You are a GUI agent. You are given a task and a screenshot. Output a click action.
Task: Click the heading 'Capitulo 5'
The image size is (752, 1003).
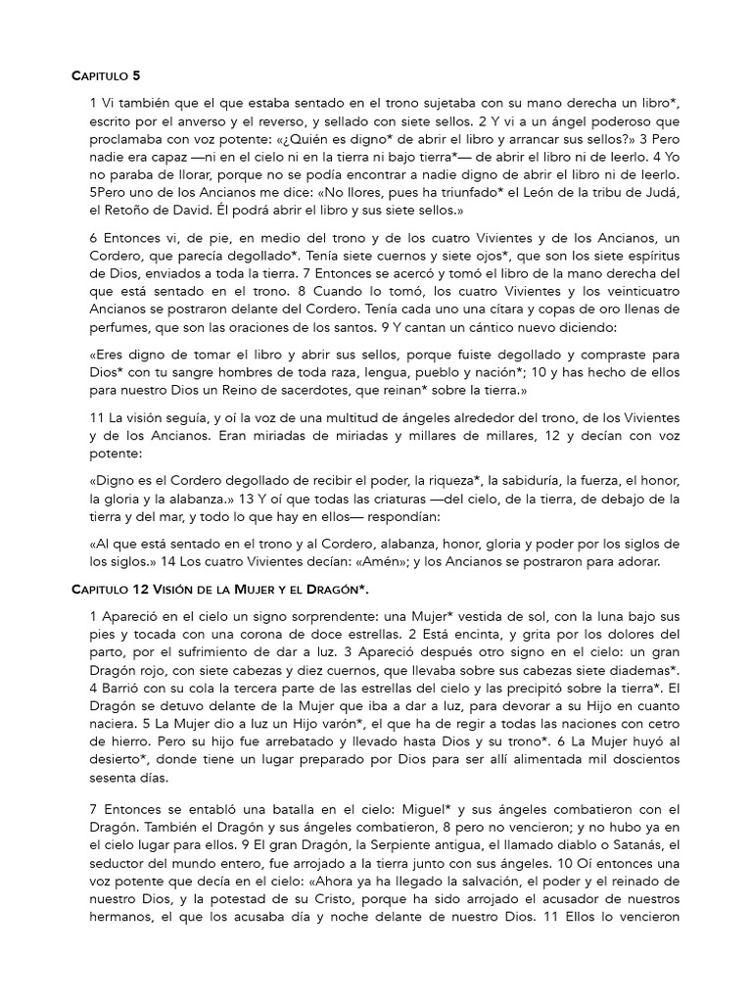coord(111,74)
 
